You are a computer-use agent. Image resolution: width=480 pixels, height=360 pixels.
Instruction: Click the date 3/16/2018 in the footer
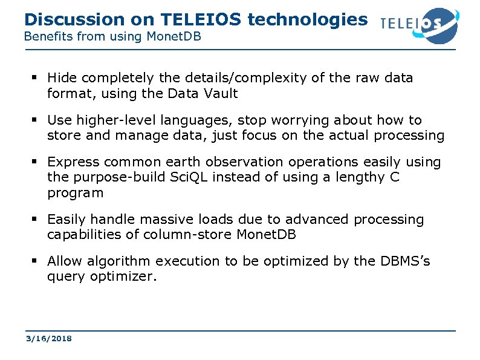coord(48,338)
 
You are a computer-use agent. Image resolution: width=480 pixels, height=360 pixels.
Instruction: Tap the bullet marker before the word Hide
coord(36,78)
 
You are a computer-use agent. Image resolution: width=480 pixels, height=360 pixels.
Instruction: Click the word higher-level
coord(109,120)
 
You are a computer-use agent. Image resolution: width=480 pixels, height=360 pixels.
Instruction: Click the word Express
coord(69,162)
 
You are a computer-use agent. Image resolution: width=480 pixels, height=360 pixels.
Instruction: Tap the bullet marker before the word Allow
coord(36,261)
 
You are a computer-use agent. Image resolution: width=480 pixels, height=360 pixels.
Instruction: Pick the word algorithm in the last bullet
coord(118,261)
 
